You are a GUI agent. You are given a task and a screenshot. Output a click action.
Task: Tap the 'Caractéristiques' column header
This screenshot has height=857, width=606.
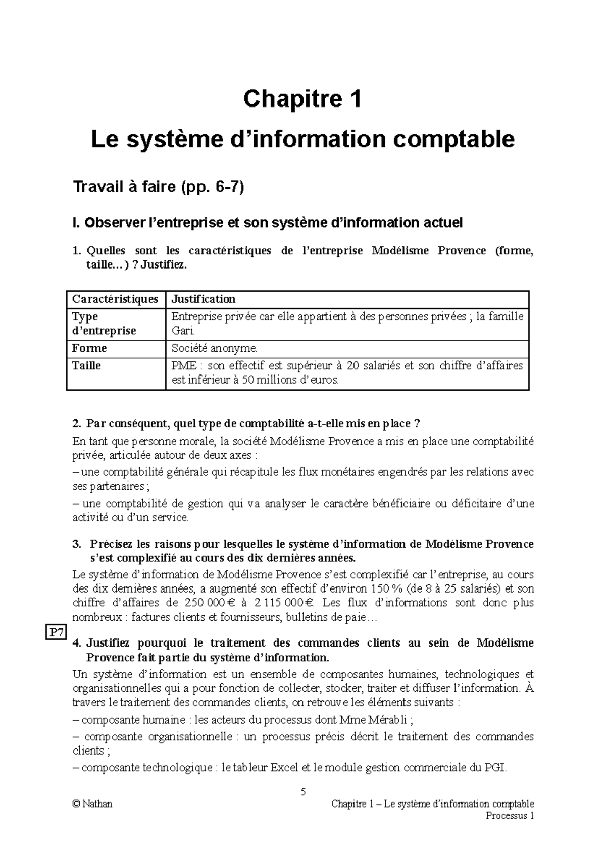click(115, 299)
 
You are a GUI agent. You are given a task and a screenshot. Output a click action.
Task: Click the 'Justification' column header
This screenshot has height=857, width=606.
click(204, 299)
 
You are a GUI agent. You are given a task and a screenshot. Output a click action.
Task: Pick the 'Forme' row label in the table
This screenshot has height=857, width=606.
click(89, 348)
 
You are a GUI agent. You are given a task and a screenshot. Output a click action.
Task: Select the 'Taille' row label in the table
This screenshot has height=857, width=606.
click(87, 365)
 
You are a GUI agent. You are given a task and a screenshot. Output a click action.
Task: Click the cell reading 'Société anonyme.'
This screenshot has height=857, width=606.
click(214, 348)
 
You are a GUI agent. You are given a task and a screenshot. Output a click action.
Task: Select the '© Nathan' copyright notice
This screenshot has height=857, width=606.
click(92, 804)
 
